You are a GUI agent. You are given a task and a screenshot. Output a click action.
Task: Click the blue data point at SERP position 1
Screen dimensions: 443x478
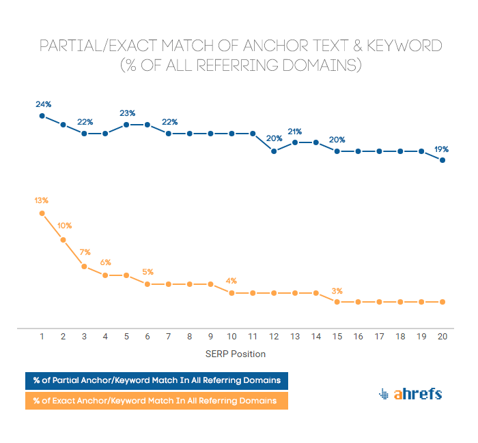coord(42,116)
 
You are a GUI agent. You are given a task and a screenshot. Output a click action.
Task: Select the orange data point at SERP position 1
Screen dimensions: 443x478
coord(42,213)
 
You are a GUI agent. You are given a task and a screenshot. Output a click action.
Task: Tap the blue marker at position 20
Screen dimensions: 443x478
coord(443,160)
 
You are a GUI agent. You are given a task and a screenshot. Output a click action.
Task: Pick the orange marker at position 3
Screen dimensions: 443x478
coord(85,266)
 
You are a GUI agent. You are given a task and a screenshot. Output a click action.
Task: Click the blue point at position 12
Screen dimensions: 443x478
coord(275,151)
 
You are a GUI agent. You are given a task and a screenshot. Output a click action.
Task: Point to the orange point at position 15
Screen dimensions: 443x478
coord(337,301)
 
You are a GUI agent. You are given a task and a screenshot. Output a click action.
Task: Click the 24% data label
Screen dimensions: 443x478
coord(44,104)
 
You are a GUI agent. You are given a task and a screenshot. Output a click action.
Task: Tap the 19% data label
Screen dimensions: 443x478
coord(441,149)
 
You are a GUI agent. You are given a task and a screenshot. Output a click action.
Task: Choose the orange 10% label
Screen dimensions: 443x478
coord(64,226)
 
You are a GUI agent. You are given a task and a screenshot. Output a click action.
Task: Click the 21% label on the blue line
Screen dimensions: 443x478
coord(295,131)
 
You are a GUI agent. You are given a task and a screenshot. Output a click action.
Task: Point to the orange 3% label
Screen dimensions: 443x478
coord(337,290)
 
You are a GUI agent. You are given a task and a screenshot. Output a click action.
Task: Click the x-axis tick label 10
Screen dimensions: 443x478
coord(232,337)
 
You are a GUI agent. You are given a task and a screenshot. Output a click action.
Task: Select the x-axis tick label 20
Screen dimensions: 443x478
coord(443,337)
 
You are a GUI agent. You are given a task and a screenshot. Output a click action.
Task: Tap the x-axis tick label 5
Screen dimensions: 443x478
coord(127,337)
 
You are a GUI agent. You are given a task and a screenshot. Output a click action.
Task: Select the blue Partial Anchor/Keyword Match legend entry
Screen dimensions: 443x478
coord(156,380)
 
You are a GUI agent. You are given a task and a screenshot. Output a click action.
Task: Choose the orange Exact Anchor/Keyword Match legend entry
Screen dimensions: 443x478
coord(156,401)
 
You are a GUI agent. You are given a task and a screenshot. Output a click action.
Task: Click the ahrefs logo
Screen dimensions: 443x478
coord(410,394)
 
